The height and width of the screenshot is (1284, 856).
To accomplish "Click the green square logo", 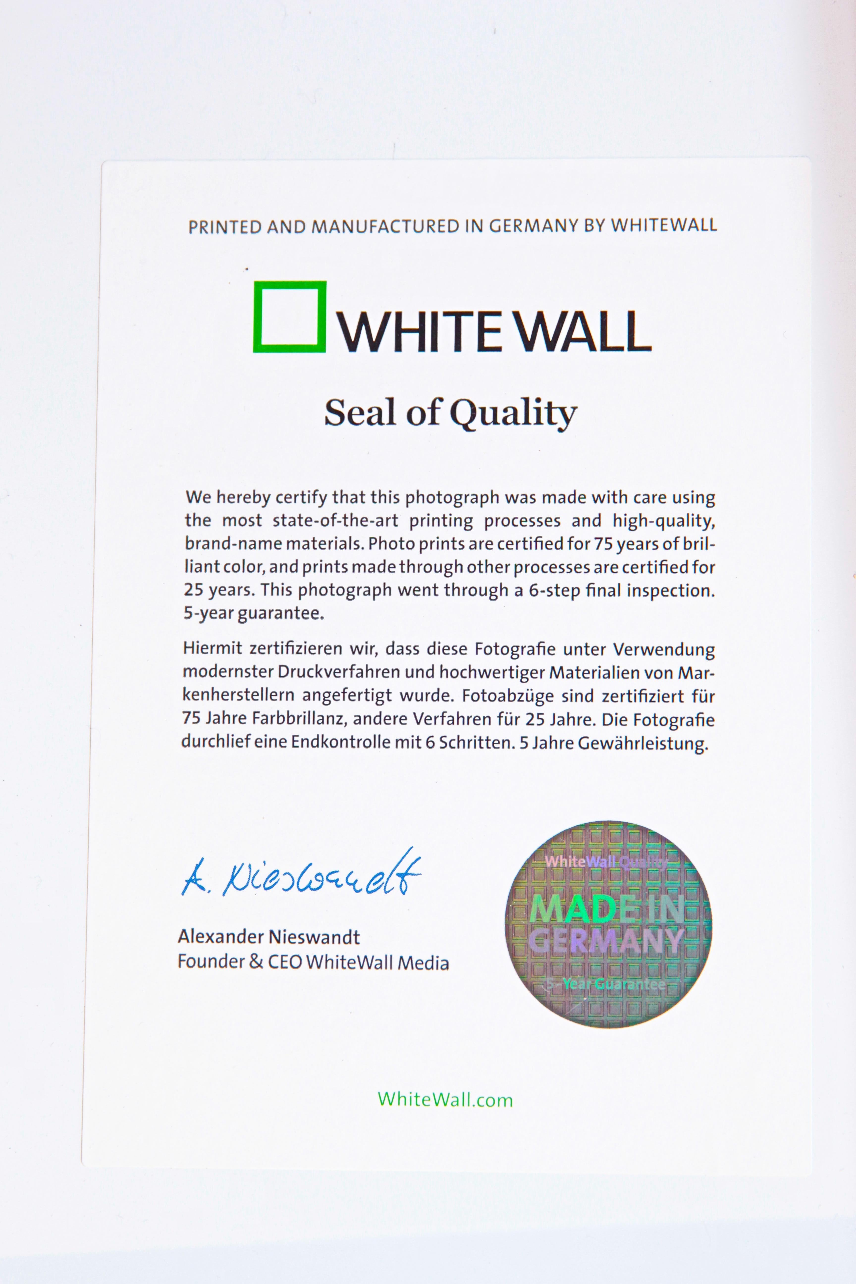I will [x=289, y=317].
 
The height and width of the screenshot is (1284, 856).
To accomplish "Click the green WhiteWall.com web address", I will [x=445, y=1099].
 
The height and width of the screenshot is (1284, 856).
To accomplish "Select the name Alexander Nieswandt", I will [x=268, y=937].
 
